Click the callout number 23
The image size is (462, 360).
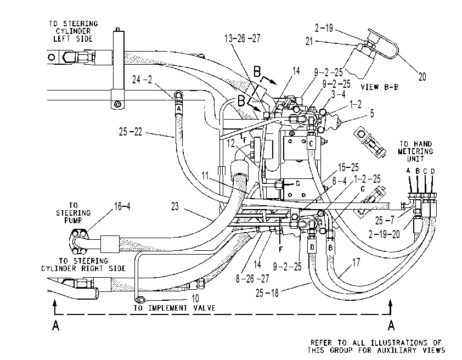point(175,206)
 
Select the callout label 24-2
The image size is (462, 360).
point(142,80)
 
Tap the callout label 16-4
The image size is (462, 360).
point(122,206)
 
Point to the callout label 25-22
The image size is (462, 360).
point(131,132)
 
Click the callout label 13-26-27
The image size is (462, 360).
point(243,38)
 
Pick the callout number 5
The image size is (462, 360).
point(372,114)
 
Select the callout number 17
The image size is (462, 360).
point(356,262)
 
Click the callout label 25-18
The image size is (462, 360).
point(267,293)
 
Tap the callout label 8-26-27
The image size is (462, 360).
point(252,278)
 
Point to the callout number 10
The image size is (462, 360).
point(195,299)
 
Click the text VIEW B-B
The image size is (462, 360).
point(380,87)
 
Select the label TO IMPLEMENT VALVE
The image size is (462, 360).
point(174,308)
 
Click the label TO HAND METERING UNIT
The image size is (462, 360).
point(415,151)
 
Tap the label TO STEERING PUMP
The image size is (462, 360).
point(74,213)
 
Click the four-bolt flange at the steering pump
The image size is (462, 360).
point(78,242)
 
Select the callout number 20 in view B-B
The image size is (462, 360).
point(422,77)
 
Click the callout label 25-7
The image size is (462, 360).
point(385,221)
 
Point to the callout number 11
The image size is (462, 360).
point(205,176)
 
